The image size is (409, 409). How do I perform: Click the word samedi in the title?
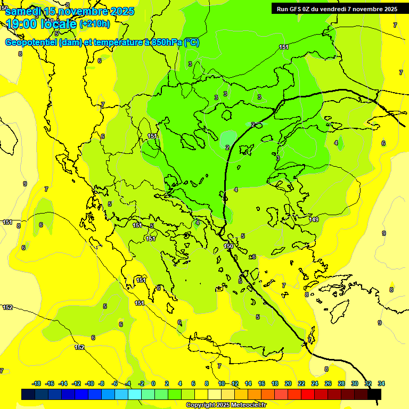pos(23,11)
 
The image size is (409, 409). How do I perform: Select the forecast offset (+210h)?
pos(94,23)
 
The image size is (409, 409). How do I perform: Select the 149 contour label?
pos(314,219)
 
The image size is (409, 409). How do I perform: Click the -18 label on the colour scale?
pos(37,383)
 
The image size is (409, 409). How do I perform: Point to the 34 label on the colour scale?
pos(381,383)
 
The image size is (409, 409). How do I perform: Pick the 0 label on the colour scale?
pos(153,383)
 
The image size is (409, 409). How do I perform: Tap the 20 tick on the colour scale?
pos(288,383)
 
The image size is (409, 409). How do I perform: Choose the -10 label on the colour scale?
pos(89,383)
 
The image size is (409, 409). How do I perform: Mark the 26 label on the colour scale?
pos(328,383)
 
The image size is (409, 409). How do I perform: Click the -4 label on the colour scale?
pos(128,383)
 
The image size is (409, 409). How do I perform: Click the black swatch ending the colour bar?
pos(374,394)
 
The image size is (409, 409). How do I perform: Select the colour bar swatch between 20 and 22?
pos(295,394)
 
